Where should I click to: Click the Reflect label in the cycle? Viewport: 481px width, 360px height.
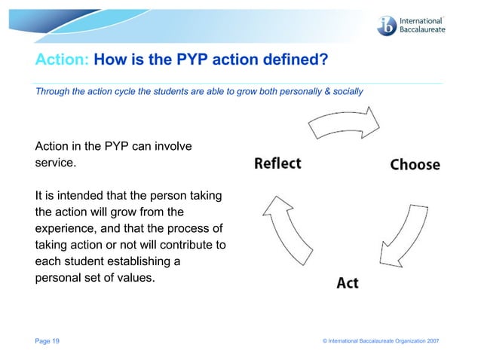277,163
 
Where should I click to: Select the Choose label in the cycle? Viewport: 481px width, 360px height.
415,164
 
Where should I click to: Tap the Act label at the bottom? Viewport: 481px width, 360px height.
347,283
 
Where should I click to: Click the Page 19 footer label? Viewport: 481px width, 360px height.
47,341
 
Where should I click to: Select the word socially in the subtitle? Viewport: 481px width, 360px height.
348,91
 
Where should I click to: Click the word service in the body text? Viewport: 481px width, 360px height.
55,162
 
